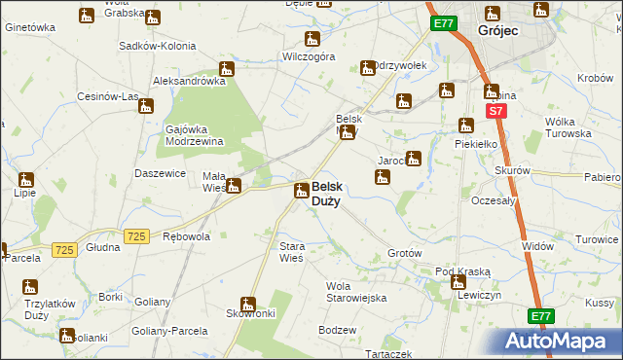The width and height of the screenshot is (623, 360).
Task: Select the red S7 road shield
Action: click(x=495, y=112)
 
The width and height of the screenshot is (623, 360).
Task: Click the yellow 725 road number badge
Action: click(x=136, y=236)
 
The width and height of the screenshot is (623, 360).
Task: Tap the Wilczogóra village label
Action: click(x=309, y=57)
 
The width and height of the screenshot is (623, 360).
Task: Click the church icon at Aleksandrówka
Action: click(x=227, y=69)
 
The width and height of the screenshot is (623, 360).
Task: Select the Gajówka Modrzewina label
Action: click(x=195, y=134)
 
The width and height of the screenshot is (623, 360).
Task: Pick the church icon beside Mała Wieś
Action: click(x=234, y=186)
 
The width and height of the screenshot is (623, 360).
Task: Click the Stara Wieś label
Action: click(x=292, y=252)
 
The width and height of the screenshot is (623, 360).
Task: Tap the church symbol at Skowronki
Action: click(x=248, y=305)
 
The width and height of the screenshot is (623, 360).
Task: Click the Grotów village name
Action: click(x=404, y=253)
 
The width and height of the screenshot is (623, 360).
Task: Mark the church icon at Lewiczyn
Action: click(x=458, y=283)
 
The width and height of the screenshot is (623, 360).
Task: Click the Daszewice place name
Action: click(x=161, y=173)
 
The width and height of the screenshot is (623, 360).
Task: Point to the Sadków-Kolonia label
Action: click(x=157, y=46)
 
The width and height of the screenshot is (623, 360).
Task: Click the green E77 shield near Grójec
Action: click(x=443, y=22)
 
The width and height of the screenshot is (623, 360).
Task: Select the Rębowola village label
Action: click(x=186, y=236)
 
